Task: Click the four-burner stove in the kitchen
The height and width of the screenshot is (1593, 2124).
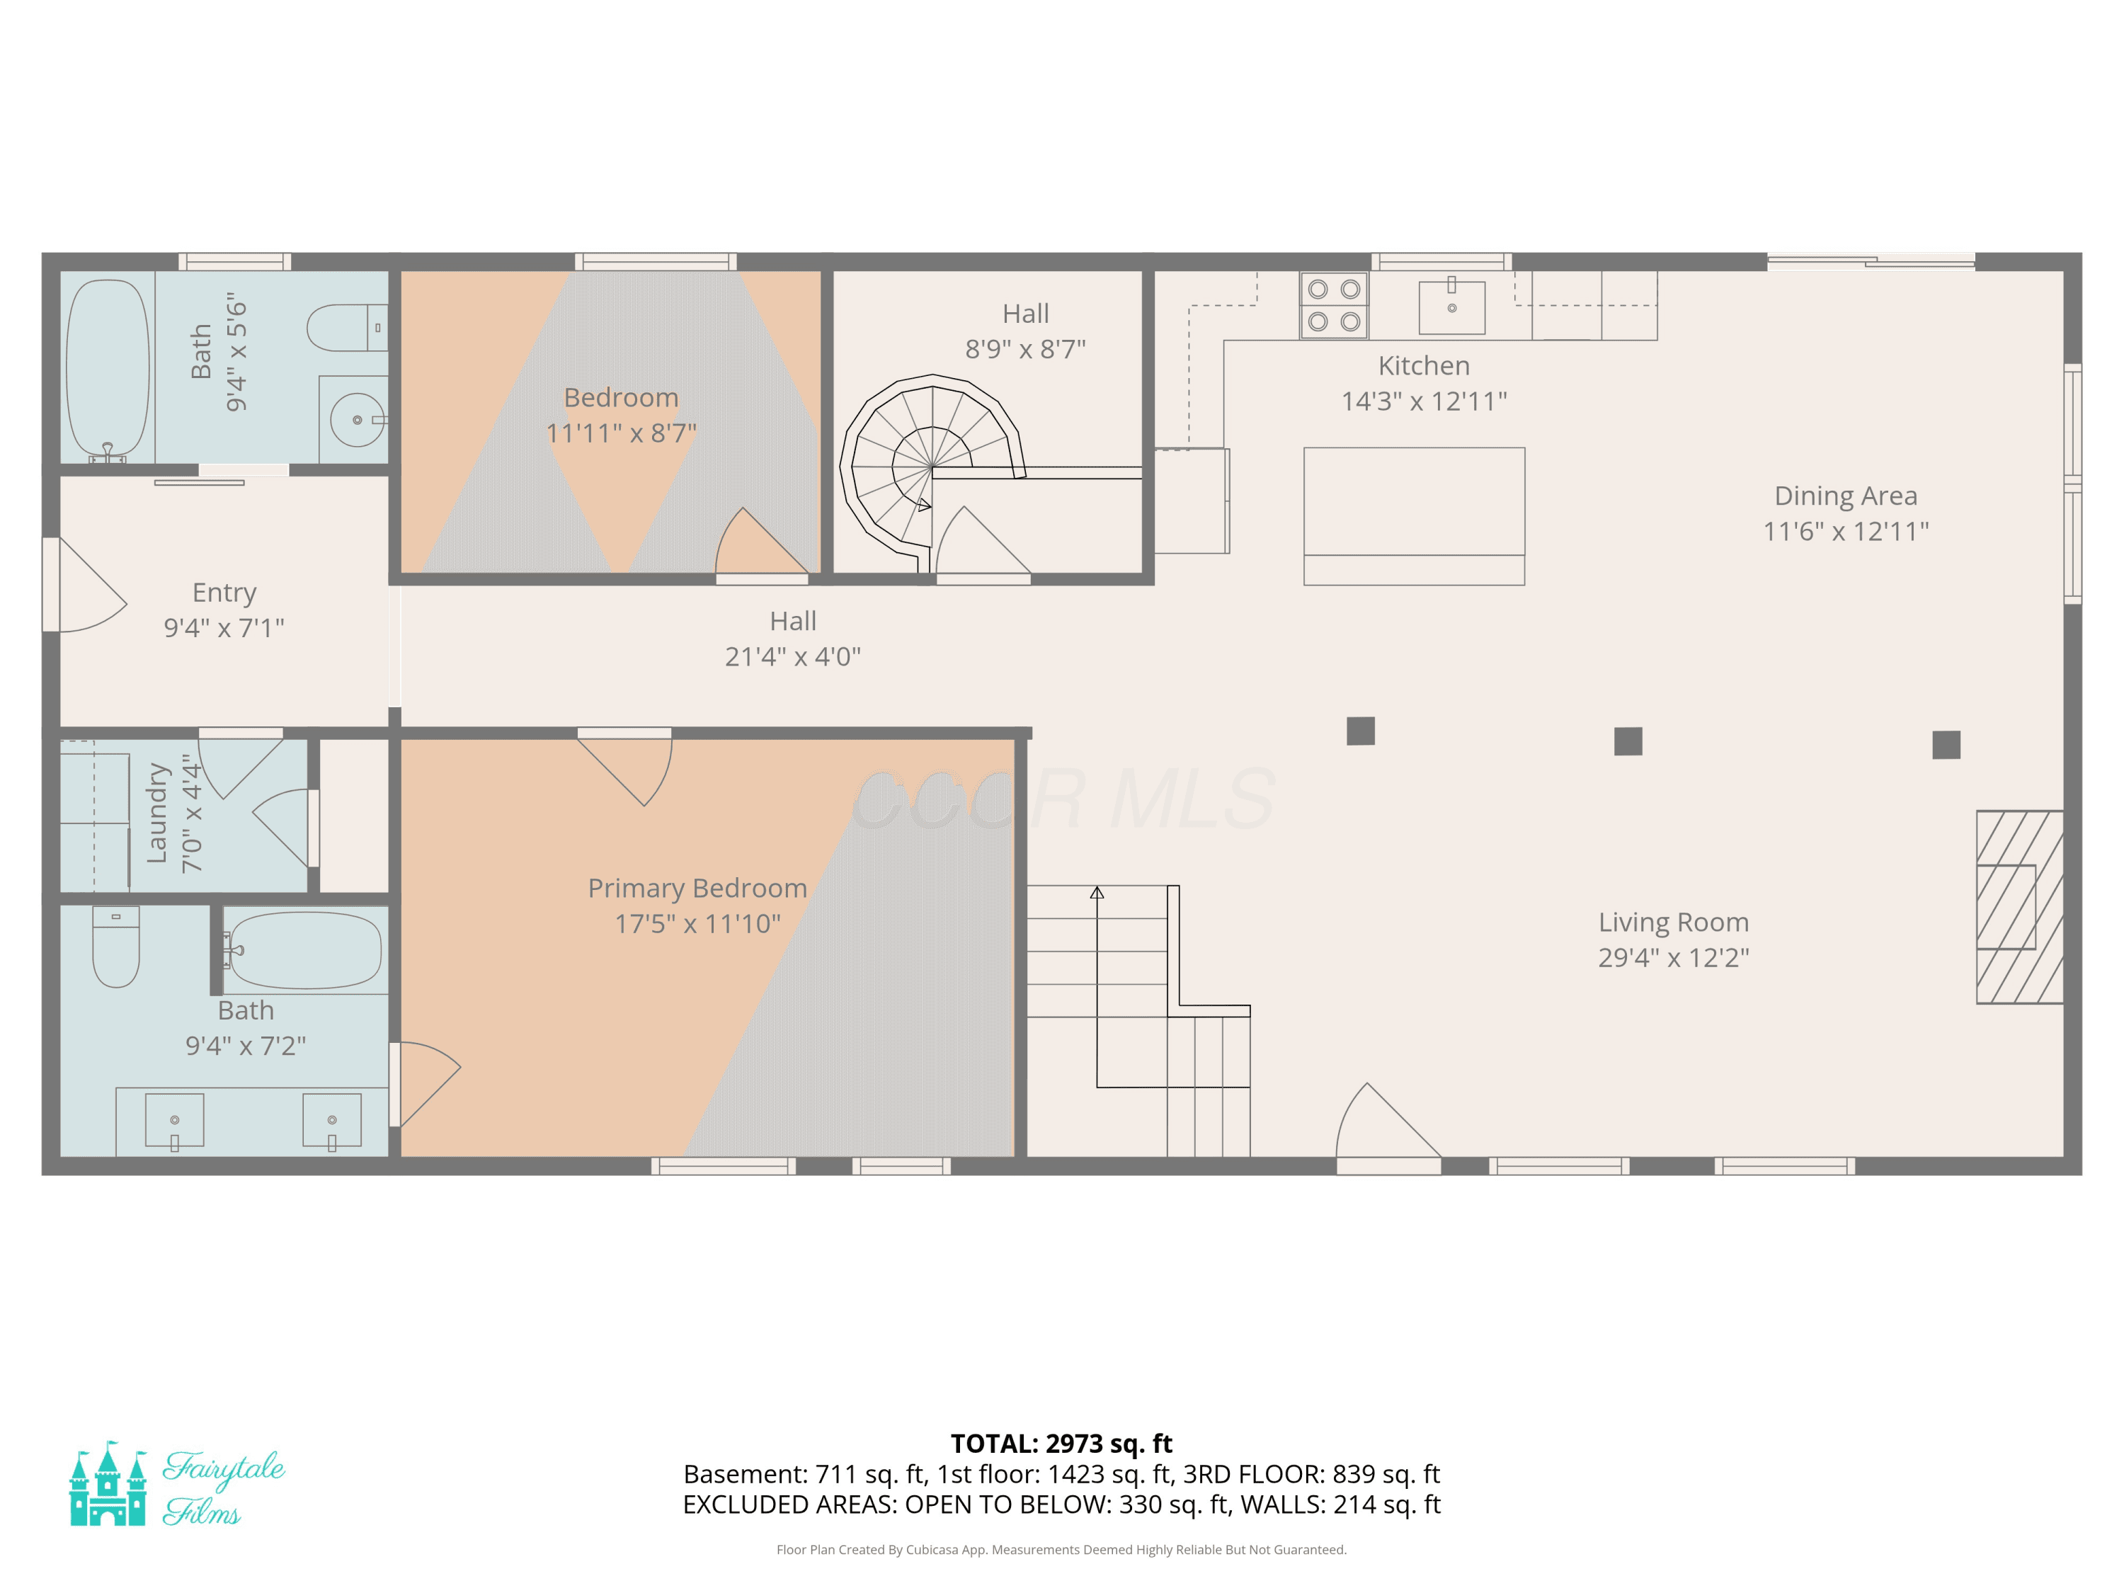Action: coord(1334,305)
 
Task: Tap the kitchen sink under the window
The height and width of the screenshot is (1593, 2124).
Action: coord(1452,307)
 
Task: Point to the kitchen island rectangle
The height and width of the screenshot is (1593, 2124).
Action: coord(1413,515)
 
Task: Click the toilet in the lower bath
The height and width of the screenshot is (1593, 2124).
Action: coord(116,947)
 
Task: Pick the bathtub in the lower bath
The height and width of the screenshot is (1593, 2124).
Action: coord(305,949)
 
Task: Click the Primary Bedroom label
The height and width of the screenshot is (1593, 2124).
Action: coord(697,889)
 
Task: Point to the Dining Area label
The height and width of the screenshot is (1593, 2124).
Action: coord(1846,496)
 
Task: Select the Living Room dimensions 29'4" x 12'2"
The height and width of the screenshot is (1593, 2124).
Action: coord(1674,957)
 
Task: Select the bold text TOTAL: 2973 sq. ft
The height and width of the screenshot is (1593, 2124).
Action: coord(1061,1443)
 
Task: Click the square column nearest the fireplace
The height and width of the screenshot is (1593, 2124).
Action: coord(1946,744)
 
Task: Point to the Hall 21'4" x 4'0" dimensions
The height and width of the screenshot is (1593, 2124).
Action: coord(793,657)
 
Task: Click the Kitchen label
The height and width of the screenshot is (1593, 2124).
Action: coord(1424,366)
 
